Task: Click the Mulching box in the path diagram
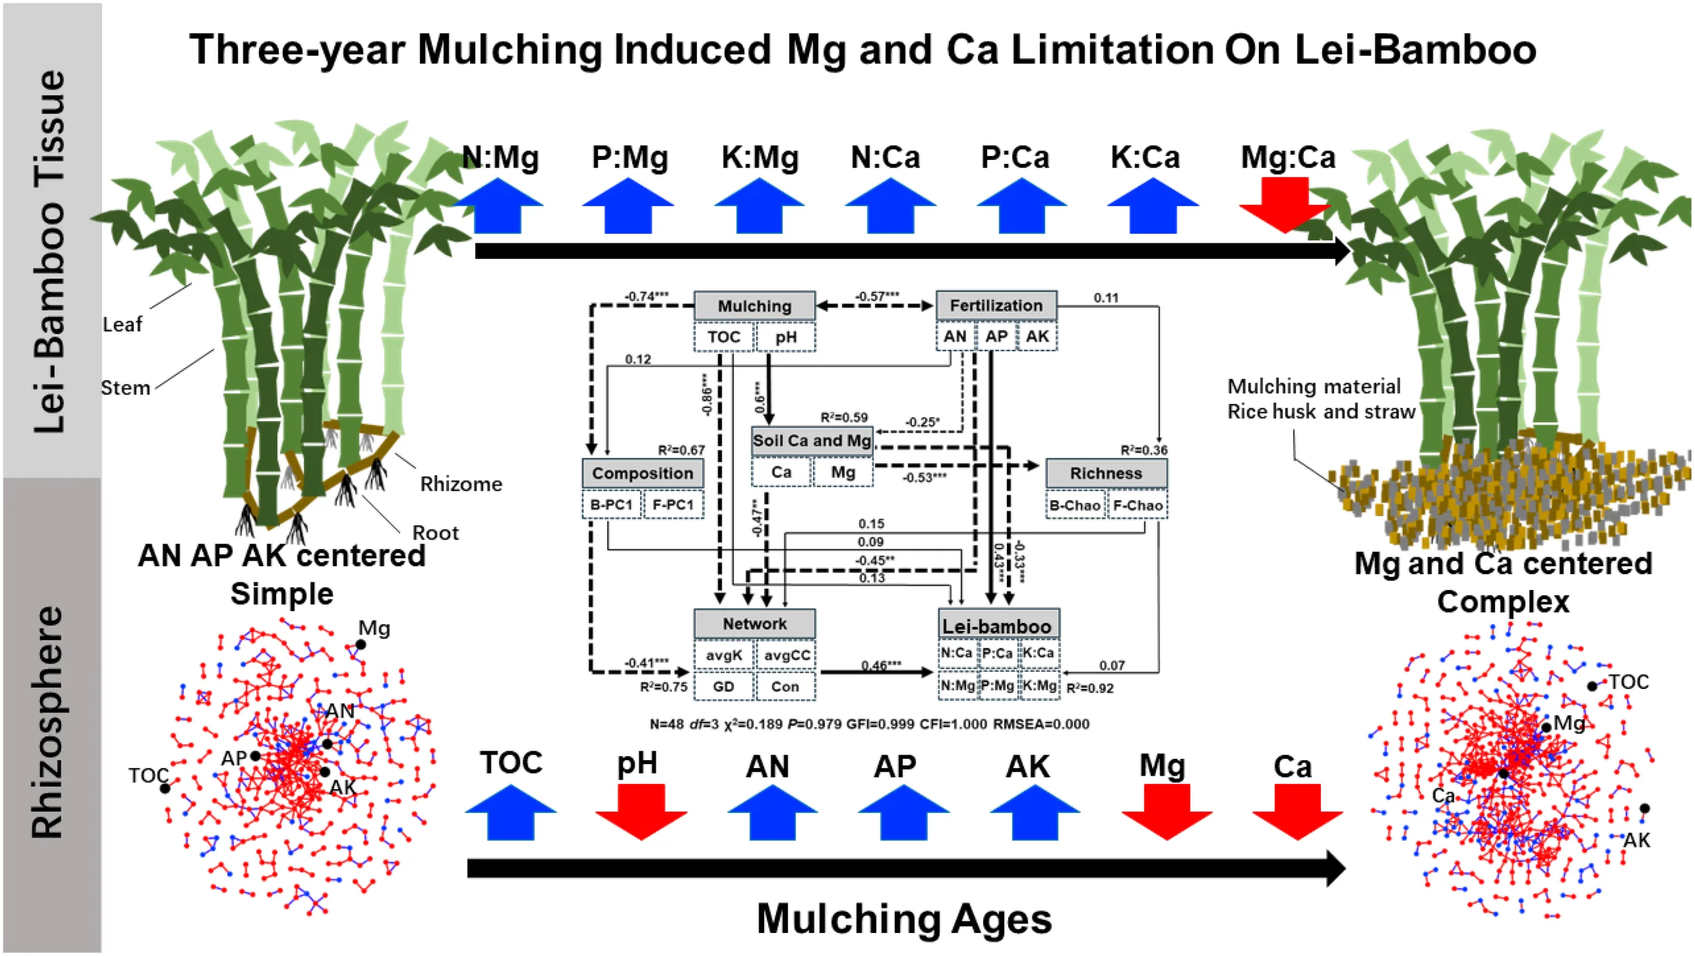tap(754, 306)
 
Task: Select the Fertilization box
tap(996, 305)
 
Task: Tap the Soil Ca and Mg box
tap(812, 441)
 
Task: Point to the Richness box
tap(1106, 473)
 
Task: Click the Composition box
tap(642, 473)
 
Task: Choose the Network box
tap(754, 624)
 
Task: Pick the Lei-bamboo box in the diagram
tap(997, 625)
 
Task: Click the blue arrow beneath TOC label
tap(511, 813)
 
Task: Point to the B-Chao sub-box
tap(1075, 506)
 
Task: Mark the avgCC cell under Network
tap(786, 656)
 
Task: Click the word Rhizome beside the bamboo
tap(461, 484)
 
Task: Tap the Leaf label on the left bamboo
tap(122, 325)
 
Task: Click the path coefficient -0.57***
tap(877, 296)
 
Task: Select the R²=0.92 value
tap(1090, 688)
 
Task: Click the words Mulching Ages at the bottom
tap(904, 919)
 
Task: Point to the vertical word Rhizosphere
tap(49, 722)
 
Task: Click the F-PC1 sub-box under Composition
tap(673, 505)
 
